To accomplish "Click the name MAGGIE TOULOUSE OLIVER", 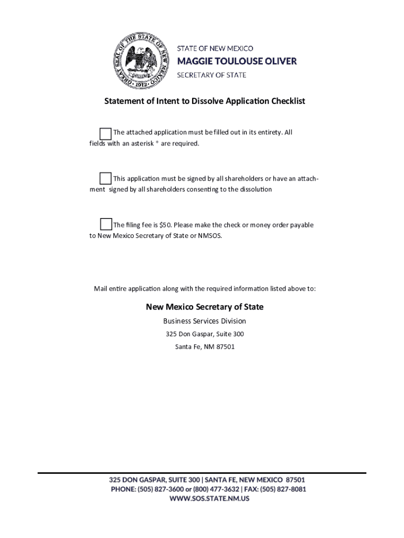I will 237,61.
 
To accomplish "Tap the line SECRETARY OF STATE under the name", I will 211,75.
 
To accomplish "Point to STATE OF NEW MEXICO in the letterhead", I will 215,48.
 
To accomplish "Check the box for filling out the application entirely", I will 105,133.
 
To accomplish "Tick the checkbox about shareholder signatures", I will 105,178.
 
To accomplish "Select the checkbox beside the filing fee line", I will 105,224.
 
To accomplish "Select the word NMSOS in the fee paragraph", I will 210,236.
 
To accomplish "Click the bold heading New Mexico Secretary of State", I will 205,307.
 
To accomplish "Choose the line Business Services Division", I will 205,321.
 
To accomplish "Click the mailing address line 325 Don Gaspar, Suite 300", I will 205,334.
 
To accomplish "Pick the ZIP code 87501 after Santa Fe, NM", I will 226,347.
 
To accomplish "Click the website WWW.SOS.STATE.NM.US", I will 209,499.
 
